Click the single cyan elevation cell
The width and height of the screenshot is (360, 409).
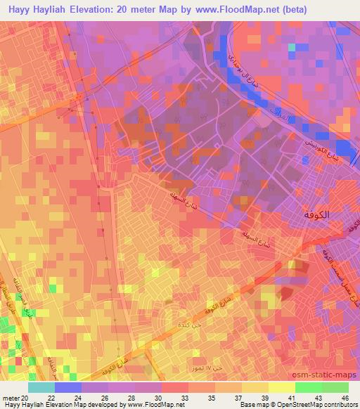click(x=292, y=48)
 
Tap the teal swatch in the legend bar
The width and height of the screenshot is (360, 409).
click(x=41, y=387)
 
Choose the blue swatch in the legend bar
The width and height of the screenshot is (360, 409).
click(x=68, y=387)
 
